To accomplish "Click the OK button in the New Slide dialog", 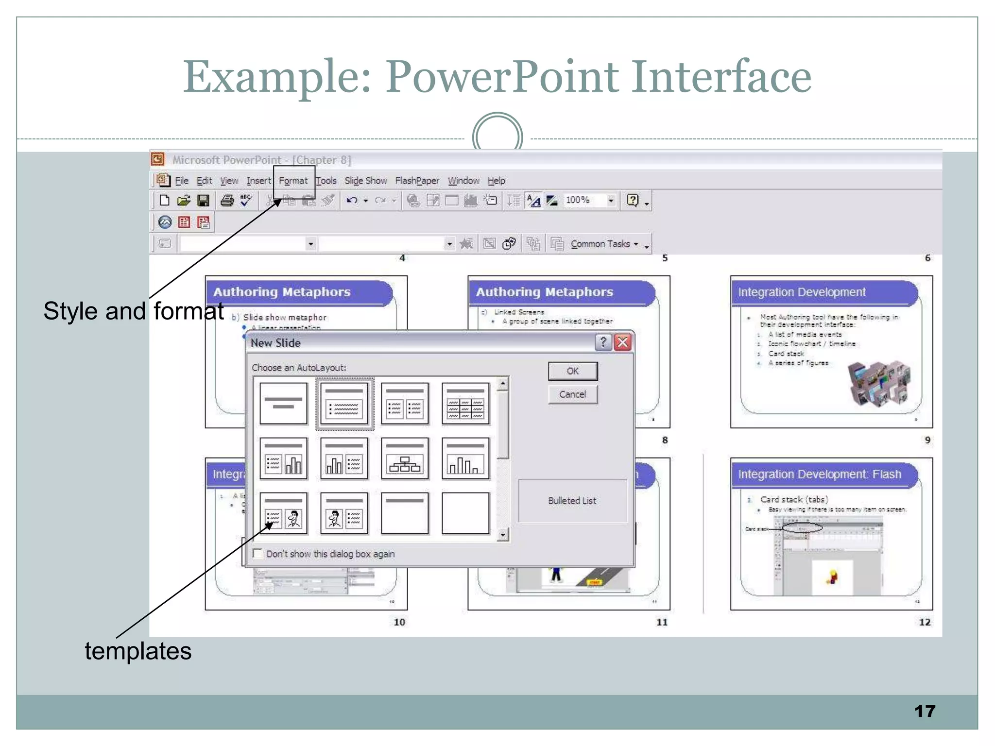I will [x=572, y=371].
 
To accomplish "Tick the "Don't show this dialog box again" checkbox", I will [x=258, y=554].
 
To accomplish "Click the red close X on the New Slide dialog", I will [x=623, y=342].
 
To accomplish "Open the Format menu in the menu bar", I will [x=293, y=181].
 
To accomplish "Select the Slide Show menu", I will [x=365, y=181].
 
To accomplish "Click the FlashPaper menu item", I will [x=417, y=181].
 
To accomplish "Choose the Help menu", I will [x=496, y=181].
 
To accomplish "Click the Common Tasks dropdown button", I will [x=604, y=244].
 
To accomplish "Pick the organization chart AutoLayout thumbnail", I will [x=405, y=458].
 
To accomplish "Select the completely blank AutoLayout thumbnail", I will [x=465, y=513].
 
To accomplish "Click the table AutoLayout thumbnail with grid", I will [x=465, y=404].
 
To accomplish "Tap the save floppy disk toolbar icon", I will [x=203, y=200].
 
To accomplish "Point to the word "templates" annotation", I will [x=138, y=651].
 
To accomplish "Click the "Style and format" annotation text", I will [x=134, y=311].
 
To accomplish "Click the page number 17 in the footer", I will [x=925, y=711].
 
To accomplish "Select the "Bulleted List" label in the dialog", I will [x=572, y=501].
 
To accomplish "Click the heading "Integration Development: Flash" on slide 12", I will [x=819, y=474].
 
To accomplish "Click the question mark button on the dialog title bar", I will [x=603, y=342].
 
